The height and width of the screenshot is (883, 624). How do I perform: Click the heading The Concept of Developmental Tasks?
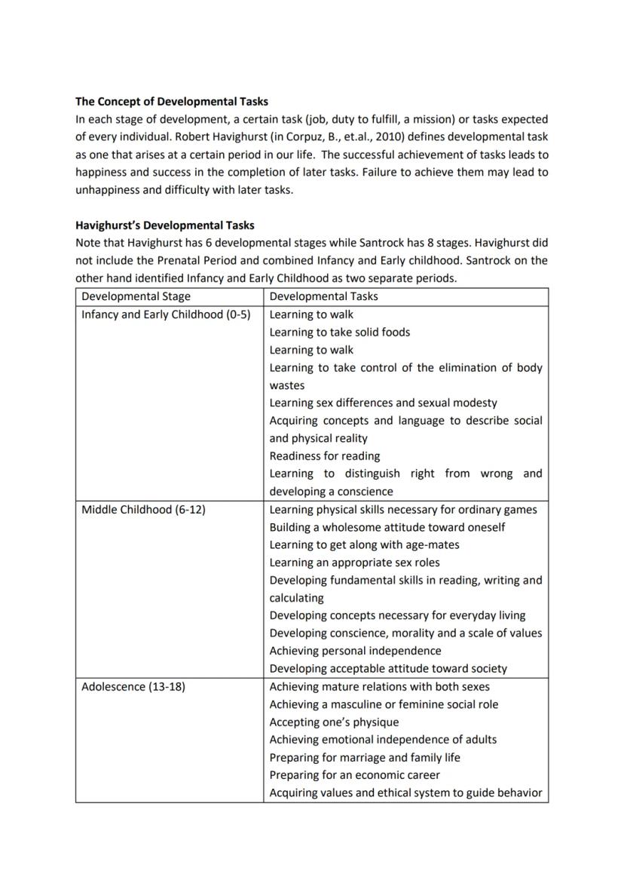click(x=171, y=101)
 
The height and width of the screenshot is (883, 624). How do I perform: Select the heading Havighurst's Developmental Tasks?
click(x=164, y=225)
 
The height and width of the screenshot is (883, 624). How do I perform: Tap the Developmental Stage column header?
click(x=136, y=296)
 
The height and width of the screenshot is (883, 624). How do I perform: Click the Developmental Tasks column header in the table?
click(x=323, y=296)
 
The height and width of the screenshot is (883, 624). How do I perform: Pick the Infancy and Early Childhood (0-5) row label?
click(x=165, y=314)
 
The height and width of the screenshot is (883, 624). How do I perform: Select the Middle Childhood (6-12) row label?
click(x=143, y=510)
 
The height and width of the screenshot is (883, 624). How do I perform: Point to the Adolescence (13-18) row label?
click(x=133, y=687)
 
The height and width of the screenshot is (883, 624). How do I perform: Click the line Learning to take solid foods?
click(x=339, y=333)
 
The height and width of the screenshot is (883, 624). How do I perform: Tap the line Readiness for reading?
click(x=324, y=456)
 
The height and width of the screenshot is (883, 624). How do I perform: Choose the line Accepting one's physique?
click(x=334, y=722)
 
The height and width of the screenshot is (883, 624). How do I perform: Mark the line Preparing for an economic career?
click(x=354, y=775)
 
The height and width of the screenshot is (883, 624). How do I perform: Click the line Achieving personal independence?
click(x=355, y=651)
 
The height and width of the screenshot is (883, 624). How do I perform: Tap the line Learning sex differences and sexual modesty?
click(x=383, y=403)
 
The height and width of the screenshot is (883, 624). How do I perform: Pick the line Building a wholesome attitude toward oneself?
click(x=387, y=527)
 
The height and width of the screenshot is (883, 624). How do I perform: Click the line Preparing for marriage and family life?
click(x=364, y=758)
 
